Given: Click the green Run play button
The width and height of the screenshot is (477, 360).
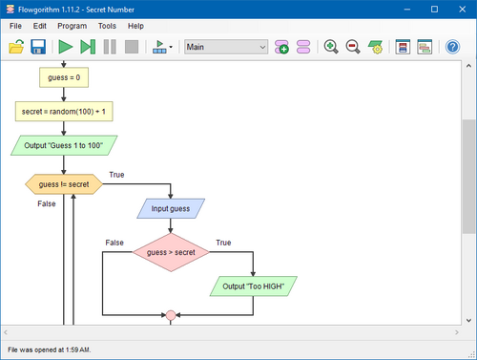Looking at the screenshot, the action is (x=66, y=47).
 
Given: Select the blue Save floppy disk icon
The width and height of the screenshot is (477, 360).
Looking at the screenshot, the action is (x=38, y=47).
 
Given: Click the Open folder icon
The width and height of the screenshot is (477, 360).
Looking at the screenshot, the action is (x=16, y=47).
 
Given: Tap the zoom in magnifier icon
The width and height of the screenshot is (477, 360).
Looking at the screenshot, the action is (x=331, y=47).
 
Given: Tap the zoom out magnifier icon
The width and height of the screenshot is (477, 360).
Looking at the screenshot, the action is (x=353, y=47).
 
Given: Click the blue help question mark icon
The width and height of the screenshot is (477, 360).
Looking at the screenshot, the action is (x=452, y=47).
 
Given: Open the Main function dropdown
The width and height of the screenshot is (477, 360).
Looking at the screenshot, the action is (x=226, y=47).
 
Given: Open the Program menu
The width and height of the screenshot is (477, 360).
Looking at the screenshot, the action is (x=73, y=26).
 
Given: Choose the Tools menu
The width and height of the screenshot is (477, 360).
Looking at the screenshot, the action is (x=107, y=26).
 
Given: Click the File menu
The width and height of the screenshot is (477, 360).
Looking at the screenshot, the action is (x=15, y=26).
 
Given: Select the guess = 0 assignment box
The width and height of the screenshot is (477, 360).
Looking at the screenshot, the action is (x=64, y=77).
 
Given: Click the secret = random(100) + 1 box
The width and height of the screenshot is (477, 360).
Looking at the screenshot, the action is (x=64, y=112).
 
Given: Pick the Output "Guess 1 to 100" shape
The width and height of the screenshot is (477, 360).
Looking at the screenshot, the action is (x=64, y=145).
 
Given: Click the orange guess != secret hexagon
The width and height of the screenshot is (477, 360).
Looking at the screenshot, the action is (x=64, y=184).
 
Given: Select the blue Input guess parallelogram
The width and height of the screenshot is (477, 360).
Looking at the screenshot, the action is (x=171, y=208).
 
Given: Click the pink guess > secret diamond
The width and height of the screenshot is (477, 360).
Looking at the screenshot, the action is (x=171, y=252).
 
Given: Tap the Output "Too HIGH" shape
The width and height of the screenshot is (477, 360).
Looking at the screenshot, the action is (x=254, y=286).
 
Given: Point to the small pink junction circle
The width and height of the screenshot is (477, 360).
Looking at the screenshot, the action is (x=171, y=315).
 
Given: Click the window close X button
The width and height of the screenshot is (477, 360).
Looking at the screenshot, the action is (x=463, y=10).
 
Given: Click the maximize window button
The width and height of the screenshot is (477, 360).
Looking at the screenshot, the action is (x=434, y=10).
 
